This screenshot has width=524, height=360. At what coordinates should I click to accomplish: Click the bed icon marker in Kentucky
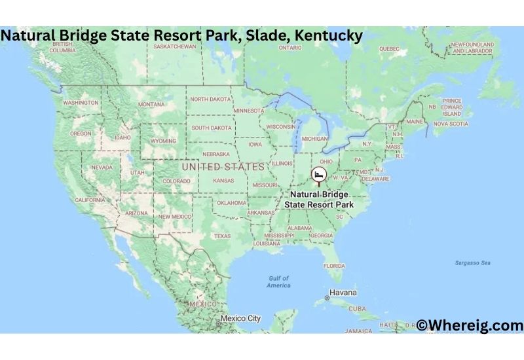point(319,175)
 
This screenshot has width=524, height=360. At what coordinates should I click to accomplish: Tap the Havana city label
point(343,293)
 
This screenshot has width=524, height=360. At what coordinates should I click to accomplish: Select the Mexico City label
point(240,319)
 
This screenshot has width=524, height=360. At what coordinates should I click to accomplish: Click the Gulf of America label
point(278,281)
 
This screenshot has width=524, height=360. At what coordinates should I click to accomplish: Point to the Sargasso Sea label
point(472,262)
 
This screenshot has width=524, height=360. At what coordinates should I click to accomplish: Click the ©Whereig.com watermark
point(470,325)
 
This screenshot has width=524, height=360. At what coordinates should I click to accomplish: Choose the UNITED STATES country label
point(223,167)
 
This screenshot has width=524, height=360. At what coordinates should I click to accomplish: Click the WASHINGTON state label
point(81,103)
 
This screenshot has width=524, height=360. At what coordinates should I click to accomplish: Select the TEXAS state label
point(222,236)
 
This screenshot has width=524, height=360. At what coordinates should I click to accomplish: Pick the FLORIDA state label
point(334,266)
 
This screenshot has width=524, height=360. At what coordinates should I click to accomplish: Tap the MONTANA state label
point(151,104)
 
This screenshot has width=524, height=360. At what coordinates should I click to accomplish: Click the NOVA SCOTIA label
point(451,123)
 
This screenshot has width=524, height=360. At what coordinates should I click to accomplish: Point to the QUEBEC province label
point(389,48)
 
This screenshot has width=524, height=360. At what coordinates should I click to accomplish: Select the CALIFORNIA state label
point(90,200)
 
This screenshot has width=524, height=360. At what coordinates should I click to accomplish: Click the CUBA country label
point(358,308)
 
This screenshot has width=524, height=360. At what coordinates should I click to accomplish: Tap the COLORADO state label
point(176,181)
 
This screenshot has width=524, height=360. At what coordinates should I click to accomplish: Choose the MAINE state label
point(415,121)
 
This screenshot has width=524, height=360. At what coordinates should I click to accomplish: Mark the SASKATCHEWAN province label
point(174,47)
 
